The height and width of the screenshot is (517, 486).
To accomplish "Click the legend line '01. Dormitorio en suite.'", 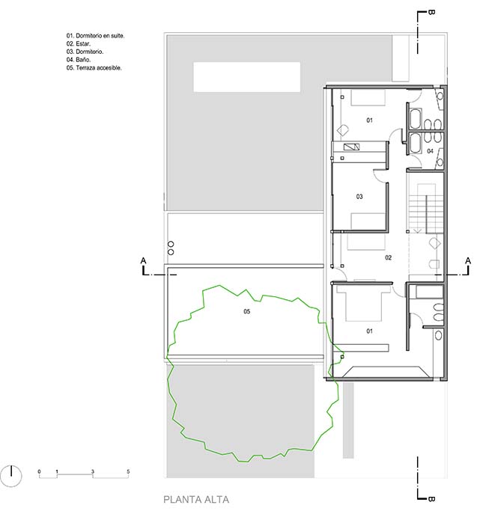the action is click(95, 36).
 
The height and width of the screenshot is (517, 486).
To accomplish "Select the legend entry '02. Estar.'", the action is click(78, 43).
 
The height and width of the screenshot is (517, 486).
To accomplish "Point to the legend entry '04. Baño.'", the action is click(78, 60).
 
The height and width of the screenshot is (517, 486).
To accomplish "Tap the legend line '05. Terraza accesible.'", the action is click(94, 67).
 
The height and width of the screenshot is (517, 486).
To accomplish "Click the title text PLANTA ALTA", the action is click(196, 499).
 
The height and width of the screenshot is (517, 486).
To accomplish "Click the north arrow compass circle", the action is click(11, 476).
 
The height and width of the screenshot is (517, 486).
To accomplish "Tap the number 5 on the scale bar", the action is click(128, 471).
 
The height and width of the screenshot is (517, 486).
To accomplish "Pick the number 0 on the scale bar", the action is click(39, 471).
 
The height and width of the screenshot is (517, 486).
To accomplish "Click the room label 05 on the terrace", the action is click(247, 311).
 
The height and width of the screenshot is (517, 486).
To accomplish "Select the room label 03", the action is click(359, 197).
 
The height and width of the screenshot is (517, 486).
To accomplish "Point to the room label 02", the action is click(389, 257).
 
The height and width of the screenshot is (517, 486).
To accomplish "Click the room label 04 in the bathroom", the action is click(430, 151).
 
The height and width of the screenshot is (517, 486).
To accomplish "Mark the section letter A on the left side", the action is click(143, 261).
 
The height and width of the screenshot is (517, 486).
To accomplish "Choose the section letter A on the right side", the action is click(468, 261).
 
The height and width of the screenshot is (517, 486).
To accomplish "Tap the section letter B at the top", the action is click(431, 12).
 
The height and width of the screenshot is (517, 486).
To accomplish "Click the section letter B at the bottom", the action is click(431, 499).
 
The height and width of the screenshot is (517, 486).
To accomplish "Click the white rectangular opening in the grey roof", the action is click(247, 77).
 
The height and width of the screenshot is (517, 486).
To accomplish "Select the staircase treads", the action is click(426, 209).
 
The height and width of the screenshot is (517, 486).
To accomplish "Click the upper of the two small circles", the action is click(171, 245).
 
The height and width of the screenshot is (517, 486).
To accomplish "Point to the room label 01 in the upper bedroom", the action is click(369, 120).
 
